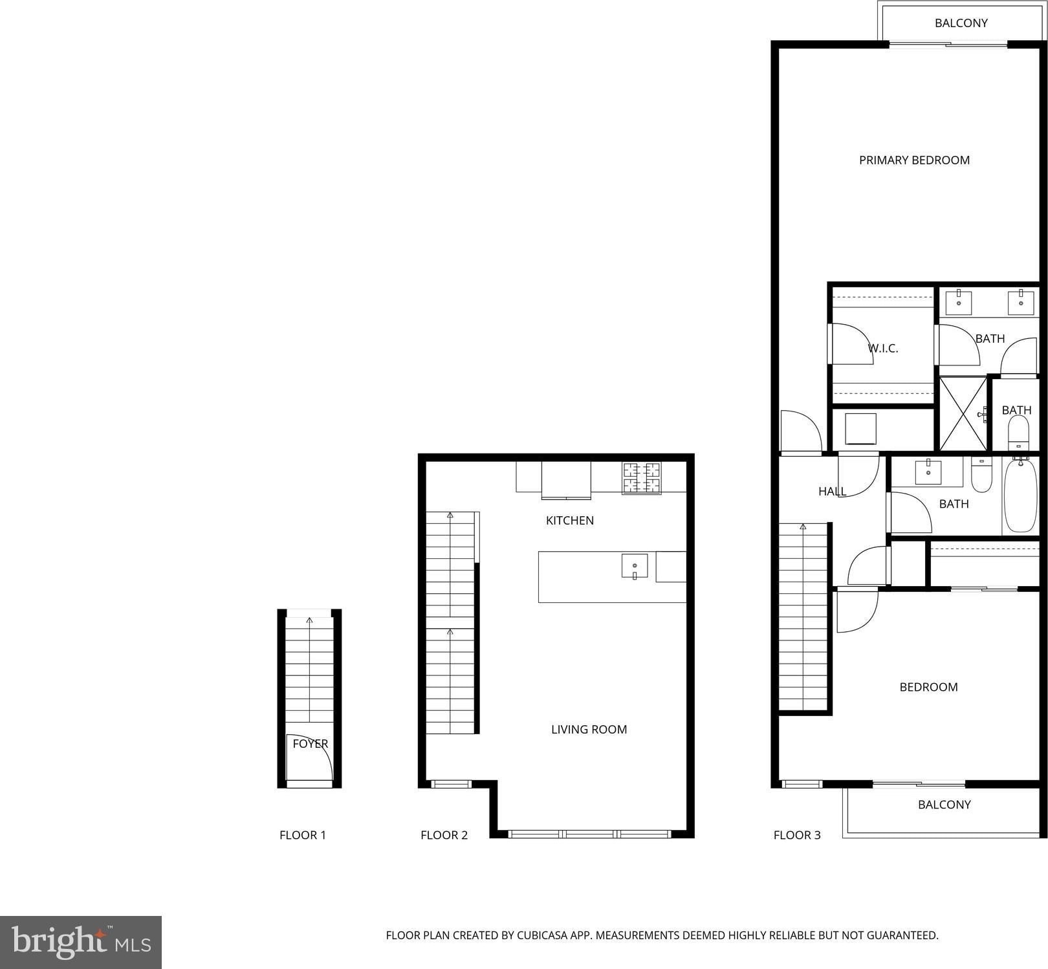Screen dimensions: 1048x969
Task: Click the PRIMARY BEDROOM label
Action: pos(914,160)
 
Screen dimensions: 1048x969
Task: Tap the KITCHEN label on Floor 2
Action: pos(569,521)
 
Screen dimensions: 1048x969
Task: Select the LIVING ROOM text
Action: pos(589,730)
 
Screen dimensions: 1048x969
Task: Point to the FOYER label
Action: pos(311,744)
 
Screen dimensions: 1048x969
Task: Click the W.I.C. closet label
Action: pos(883,349)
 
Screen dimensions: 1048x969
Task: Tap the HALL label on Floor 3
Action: pos(832,492)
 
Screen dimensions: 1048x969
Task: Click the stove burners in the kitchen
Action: pos(642,478)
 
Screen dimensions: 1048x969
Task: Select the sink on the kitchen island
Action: pos(634,566)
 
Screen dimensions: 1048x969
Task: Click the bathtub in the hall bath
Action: pos(1021,494)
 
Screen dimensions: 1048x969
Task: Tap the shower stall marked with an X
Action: pos(963,414)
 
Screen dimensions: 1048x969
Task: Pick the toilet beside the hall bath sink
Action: pos(981,474)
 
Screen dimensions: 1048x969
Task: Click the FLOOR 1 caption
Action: pos(303,835)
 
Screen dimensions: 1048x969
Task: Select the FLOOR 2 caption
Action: pos(444,835)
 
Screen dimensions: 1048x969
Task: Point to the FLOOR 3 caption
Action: pos(797,835)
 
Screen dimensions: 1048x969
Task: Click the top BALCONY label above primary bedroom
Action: pos(961,23)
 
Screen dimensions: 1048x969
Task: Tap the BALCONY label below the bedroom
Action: pos(944,805)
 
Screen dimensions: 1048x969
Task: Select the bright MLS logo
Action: pos(81,942)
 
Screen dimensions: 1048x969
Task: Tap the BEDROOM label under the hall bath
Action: pos(928,687)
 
